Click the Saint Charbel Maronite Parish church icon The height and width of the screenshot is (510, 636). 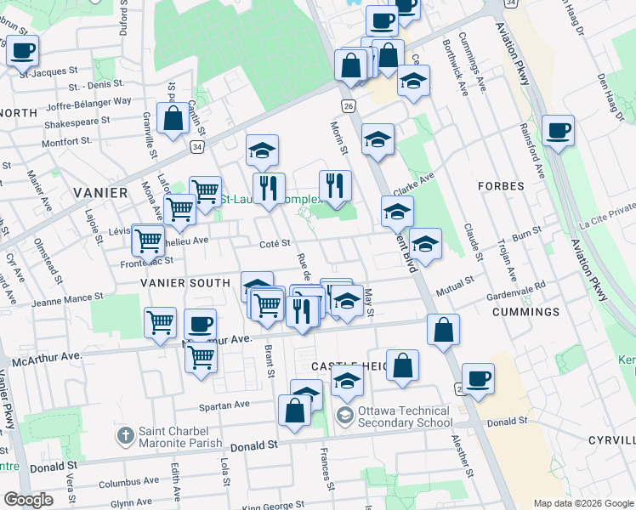[x=125, y=436]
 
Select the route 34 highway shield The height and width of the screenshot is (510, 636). [x=196, y=147]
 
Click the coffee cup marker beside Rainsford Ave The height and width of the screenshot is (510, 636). [x=558, y=132]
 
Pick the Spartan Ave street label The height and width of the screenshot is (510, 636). [x=225, y=405]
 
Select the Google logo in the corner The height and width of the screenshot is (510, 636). [x=28, y=500]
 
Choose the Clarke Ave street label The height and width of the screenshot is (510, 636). [x=414, y=181]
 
